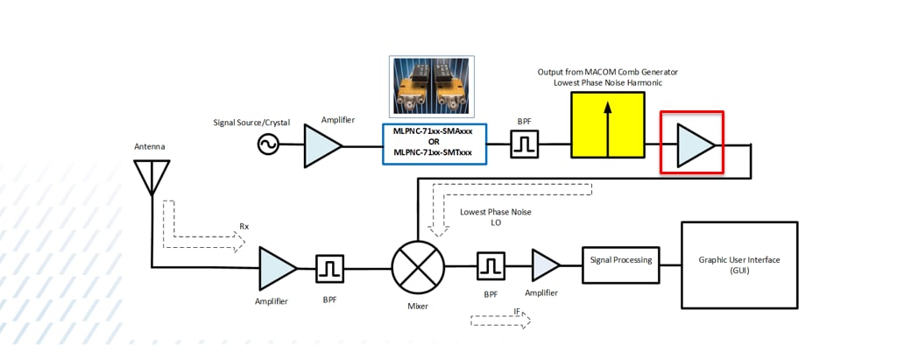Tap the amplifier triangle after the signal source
(321, 145)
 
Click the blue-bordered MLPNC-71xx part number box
(433, 144)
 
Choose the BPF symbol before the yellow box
(524, 145)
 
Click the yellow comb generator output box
(605, 125)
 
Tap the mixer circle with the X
(417, 265)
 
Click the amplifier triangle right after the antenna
(277, 267)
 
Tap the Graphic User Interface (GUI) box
(738, 265)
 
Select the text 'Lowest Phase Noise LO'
(495, 217)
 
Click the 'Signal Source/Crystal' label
(251, 123)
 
